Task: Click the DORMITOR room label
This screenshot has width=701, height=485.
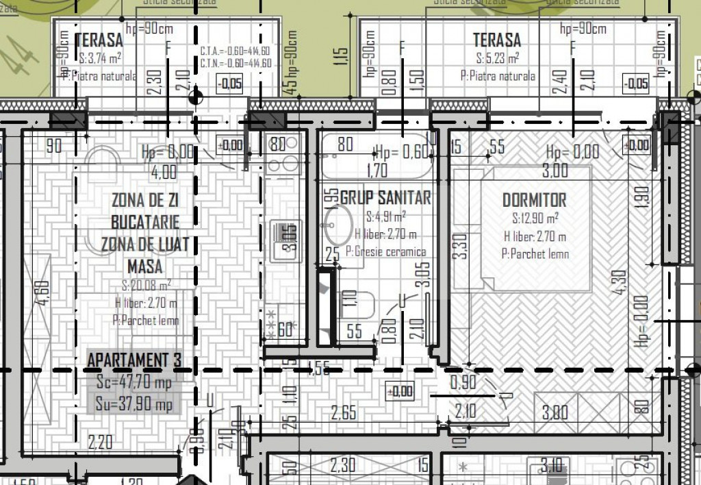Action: coord(534,200)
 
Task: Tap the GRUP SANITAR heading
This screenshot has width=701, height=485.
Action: coord(385,198)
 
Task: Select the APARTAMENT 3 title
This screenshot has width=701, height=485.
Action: coord(134,360)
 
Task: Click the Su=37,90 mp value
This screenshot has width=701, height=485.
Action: coord(134,404)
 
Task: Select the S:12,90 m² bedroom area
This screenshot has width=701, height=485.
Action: coord(535,219)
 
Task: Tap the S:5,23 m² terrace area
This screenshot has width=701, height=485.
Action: coord(497,58)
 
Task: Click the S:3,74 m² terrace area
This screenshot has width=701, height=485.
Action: coord(100,58)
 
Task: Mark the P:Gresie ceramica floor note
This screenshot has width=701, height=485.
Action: coord(386,251)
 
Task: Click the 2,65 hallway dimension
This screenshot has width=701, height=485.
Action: coord(344,412)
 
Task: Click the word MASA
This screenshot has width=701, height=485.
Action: coord(146,266)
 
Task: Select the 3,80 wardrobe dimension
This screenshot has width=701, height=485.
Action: coord(555,412)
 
